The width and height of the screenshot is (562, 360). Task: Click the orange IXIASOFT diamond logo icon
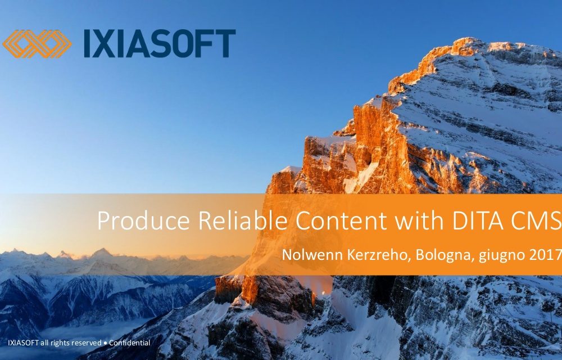coord(37,44)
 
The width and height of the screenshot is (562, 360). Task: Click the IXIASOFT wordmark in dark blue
coord(160,43)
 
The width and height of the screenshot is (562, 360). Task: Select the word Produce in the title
coord(143,221)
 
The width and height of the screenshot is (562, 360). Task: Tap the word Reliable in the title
coord(243,220)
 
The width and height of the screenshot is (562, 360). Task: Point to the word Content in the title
coord(342,220)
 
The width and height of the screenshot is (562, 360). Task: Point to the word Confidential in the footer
coord(130,343)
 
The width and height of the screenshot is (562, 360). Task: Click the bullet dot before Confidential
coord(106,343)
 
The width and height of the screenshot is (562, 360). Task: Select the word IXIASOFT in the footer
coord(23,343)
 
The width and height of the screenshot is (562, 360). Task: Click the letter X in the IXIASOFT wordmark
coord(106,43)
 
